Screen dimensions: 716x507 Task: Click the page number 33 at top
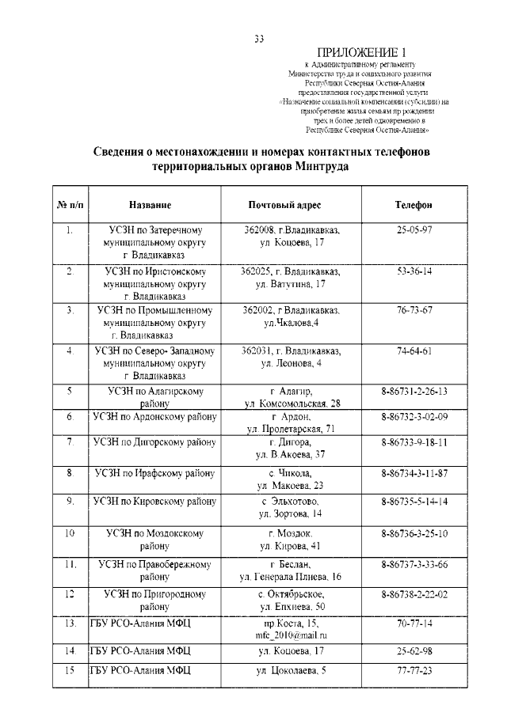click(x=258, y=38)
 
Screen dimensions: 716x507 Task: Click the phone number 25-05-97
click(x=414, y=229)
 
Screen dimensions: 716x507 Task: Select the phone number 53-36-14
click(x=414, y=271)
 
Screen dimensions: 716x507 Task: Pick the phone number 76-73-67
click(x=414, y=309)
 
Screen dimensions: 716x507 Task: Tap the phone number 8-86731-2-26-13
click(x=414, y=391)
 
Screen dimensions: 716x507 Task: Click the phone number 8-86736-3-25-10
click(x=414, y=533)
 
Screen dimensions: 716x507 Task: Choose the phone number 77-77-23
click(x=414, y=671)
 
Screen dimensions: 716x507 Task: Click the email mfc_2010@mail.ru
click(x=290, y=635)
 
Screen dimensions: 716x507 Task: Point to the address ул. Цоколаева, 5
click(x=290, y=671)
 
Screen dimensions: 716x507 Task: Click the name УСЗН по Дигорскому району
click(x=154, y=441)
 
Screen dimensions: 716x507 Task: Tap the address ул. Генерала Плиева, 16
click(x=290, y=578)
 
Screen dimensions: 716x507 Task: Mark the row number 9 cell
click(x=70, y=502)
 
